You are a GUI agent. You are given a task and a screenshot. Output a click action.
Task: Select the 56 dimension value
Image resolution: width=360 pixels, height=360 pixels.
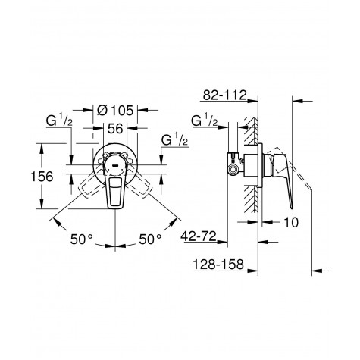pos(114,128)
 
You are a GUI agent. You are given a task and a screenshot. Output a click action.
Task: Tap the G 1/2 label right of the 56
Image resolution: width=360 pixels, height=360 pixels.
pos(176,140)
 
